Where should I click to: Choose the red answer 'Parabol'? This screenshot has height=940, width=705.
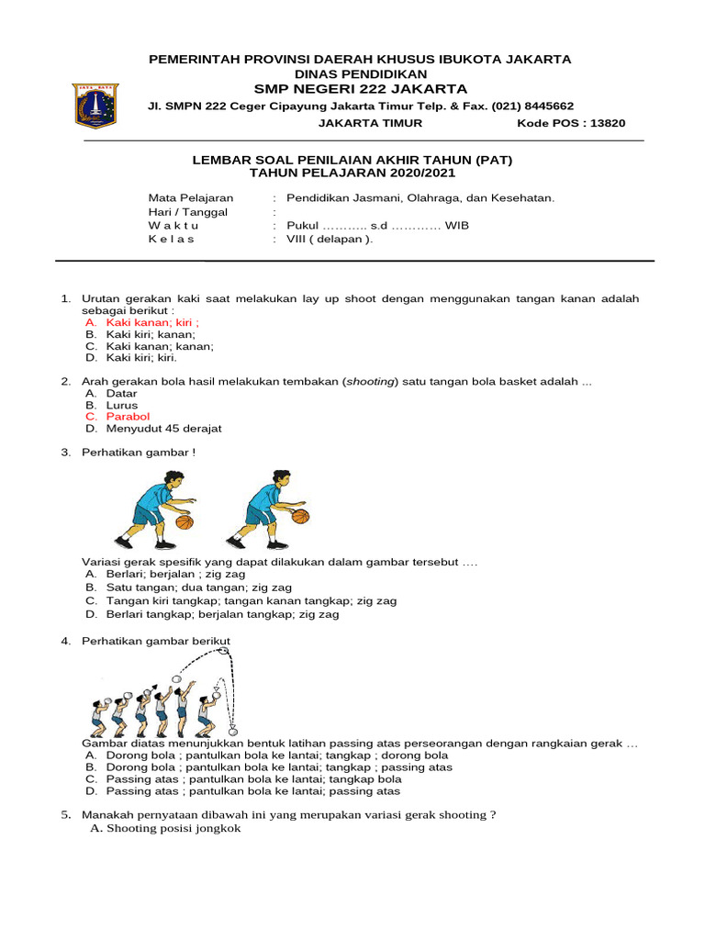(128, 417)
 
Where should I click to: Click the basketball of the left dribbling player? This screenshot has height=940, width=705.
(185, 522)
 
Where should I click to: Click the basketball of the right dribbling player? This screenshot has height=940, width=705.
(300, 516)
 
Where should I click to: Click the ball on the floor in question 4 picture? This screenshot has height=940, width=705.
(232, 731)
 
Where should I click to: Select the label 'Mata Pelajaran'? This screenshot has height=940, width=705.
(191, 198)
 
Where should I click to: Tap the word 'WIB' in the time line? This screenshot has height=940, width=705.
(456, 226)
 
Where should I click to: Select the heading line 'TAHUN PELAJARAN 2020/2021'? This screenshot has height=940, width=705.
(352, 173)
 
